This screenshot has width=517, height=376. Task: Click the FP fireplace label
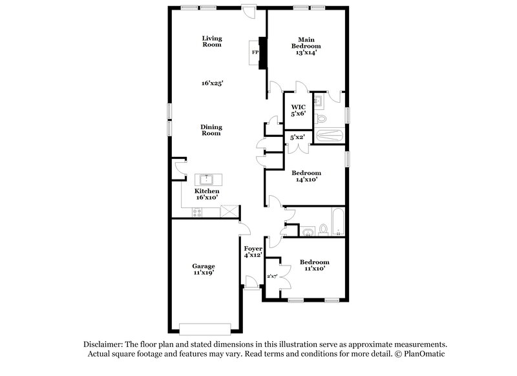[255, 52]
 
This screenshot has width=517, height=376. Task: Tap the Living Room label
[211, 41]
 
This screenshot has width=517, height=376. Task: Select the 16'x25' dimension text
[212, 83]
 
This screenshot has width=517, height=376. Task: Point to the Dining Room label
[211, 130]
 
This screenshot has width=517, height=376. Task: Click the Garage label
[203, 269]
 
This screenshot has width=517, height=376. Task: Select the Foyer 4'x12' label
[253, 251]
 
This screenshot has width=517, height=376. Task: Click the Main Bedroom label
[306, 43]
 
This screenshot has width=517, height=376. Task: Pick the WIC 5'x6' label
[298, 110]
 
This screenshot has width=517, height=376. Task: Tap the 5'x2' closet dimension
[297, 137]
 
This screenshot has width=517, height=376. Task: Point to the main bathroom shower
[330, 136]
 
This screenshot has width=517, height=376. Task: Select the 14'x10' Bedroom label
[306, 176]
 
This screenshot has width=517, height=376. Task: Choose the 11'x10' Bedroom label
[314, 265]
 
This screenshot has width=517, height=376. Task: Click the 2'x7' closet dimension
[271, 277]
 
